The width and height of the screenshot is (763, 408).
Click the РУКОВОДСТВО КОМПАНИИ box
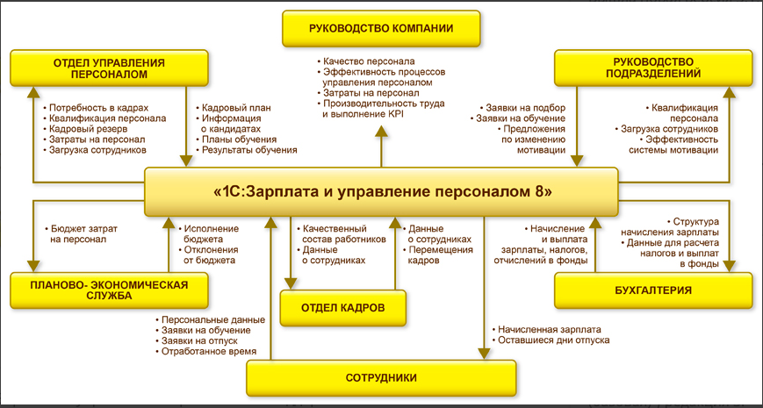(381, 28)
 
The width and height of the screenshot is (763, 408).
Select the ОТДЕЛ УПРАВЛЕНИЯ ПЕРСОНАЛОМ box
(110, 68)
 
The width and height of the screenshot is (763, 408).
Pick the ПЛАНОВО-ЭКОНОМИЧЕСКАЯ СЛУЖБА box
(110, 290)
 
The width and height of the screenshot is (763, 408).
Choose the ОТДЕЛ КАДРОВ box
(343, 308)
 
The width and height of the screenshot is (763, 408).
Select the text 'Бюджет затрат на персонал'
(78, 233)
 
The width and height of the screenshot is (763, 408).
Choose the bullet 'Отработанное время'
(209, 351)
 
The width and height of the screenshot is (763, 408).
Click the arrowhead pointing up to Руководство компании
(381, 132)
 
